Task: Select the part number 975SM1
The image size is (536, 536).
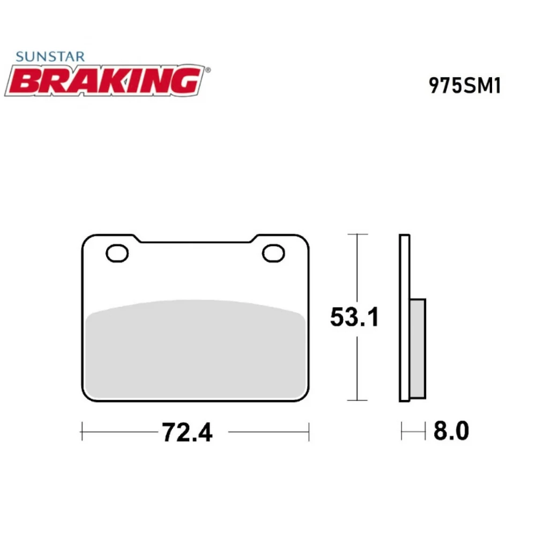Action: click(x=465, y=86)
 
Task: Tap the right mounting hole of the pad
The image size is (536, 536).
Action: click(x=273, y=253)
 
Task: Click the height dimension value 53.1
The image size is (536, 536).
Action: click(x=354, y=317)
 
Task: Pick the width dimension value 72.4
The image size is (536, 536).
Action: click(x=187, y=431)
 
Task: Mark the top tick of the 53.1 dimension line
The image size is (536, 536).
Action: click(x=358, y=235)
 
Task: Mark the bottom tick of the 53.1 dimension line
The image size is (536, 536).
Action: click(x=358, y=400)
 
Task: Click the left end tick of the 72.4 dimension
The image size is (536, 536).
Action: click(x=81, y=430)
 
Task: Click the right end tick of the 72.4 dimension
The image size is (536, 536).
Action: click(x=309, y=430)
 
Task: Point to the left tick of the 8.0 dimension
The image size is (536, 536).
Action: click(x=401, y=430)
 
